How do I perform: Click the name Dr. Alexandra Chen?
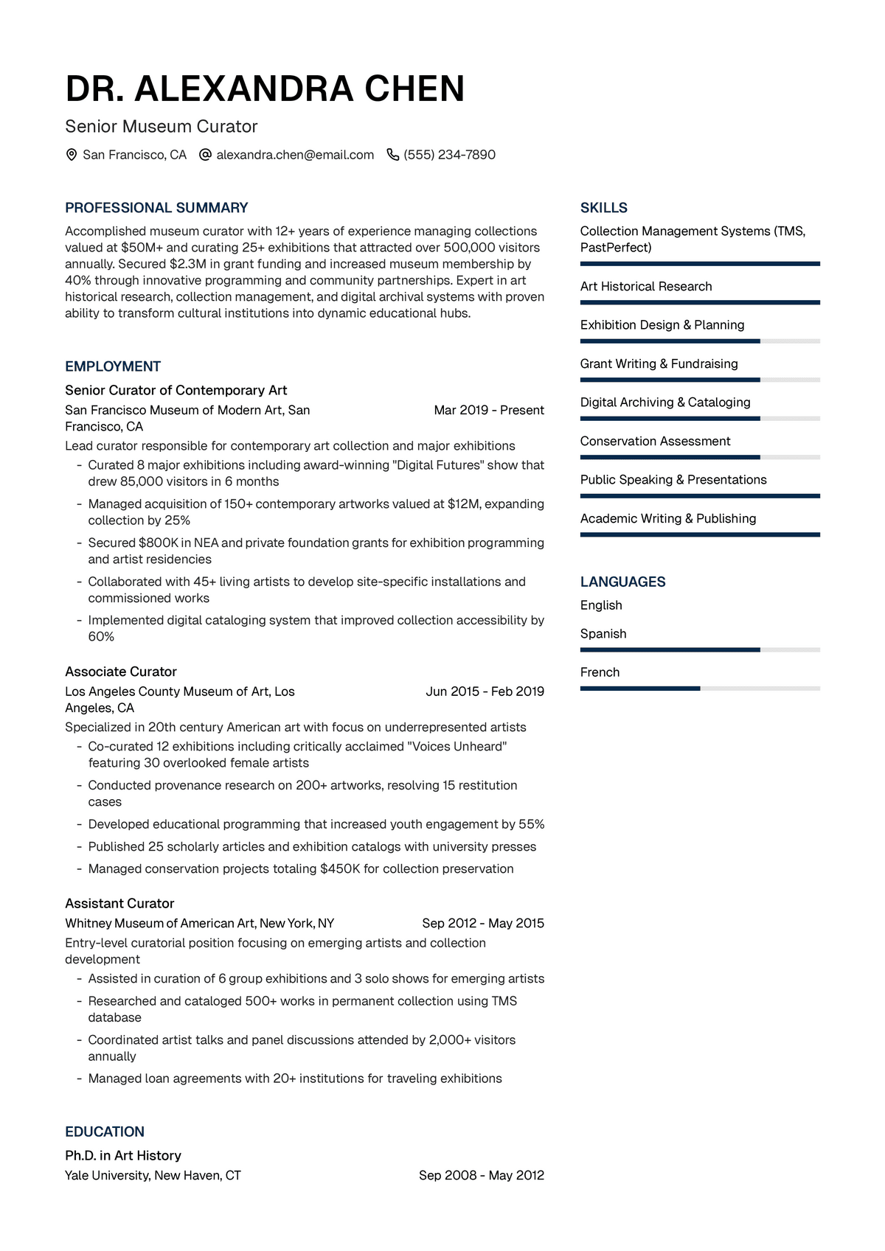pos(265,88)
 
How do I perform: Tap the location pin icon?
pos(72,155)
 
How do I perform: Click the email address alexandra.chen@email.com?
pos(295,155)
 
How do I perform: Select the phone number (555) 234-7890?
pos(449,155)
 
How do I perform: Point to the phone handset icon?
pos(393,155)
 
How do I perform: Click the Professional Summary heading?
pos(156,208)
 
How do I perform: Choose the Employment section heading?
pos(113,366)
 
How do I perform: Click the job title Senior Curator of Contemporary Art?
pos(176,390)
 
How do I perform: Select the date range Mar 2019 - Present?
pos(489,410)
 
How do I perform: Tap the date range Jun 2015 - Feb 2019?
pos(485,691)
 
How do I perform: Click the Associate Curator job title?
pos(121,672)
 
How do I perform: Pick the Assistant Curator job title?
pos(119,903)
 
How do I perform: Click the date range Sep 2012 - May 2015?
pos(483,923)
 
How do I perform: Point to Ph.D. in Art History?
pos(123,1155)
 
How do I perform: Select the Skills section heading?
pos(604,208)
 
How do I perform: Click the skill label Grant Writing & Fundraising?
pos(659,363)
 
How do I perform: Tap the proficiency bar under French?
pos(700,689)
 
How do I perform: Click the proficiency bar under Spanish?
pos(700,649)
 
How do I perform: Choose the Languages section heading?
pos(622,582)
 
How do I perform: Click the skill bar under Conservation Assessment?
pos(700,457)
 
